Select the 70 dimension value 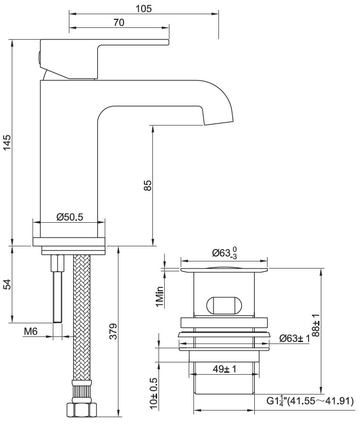pos(118,23)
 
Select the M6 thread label pos(31,332)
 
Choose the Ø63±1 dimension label pos(294,339)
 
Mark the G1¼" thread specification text pos(310,402)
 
